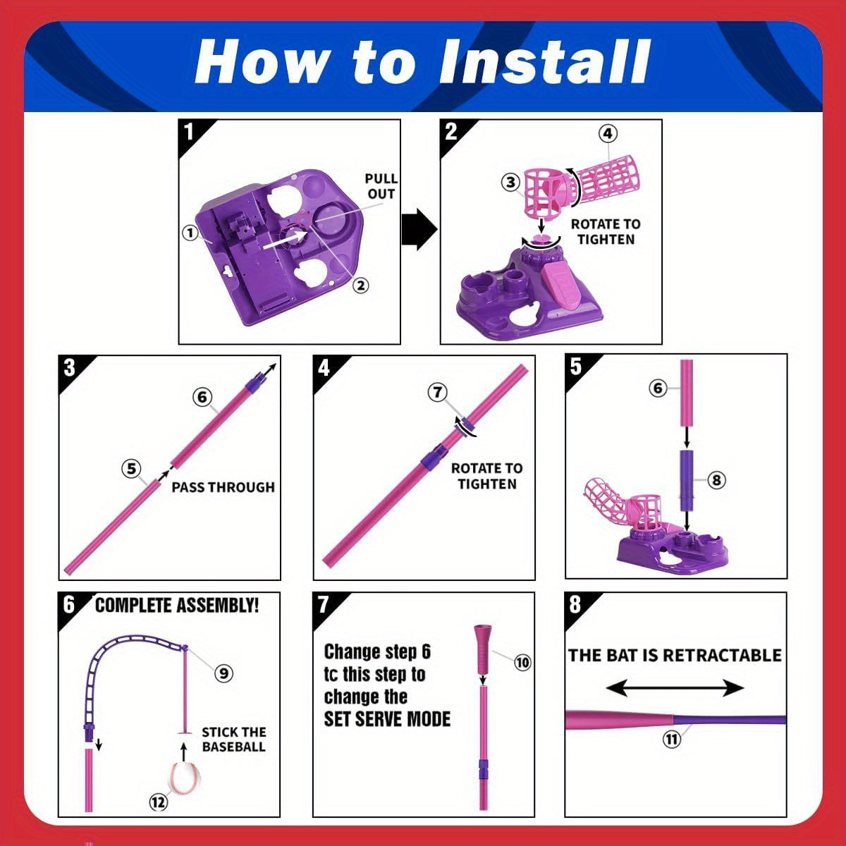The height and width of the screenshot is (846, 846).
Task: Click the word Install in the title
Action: point(544,61)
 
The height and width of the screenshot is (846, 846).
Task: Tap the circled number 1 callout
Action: point(190,233)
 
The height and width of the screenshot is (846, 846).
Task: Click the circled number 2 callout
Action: point(360,286)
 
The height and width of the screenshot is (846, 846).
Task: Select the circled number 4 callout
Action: point(608,133)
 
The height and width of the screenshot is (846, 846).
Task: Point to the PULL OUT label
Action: point(381,186)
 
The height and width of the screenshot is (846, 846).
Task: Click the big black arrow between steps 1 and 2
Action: point(419,230)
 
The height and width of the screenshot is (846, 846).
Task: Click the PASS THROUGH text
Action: point(223,487)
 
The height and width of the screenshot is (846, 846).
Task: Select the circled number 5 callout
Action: point(131,468)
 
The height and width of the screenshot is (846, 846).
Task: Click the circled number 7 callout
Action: point(438,392)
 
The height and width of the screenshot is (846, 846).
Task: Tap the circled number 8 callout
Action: point(716,480)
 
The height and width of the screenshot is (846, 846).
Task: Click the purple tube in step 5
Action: point(687,480)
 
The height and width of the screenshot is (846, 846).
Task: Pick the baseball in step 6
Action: point(185,778)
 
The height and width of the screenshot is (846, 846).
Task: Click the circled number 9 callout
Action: point(223,673)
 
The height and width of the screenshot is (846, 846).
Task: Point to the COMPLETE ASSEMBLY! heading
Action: point(177,605)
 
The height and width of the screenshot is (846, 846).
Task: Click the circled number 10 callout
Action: point(522,663)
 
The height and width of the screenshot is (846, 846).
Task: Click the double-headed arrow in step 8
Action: point(675,688)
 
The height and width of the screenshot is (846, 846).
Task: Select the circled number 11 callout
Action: point(672,740)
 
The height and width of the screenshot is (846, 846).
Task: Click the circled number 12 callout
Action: point(158,802)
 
